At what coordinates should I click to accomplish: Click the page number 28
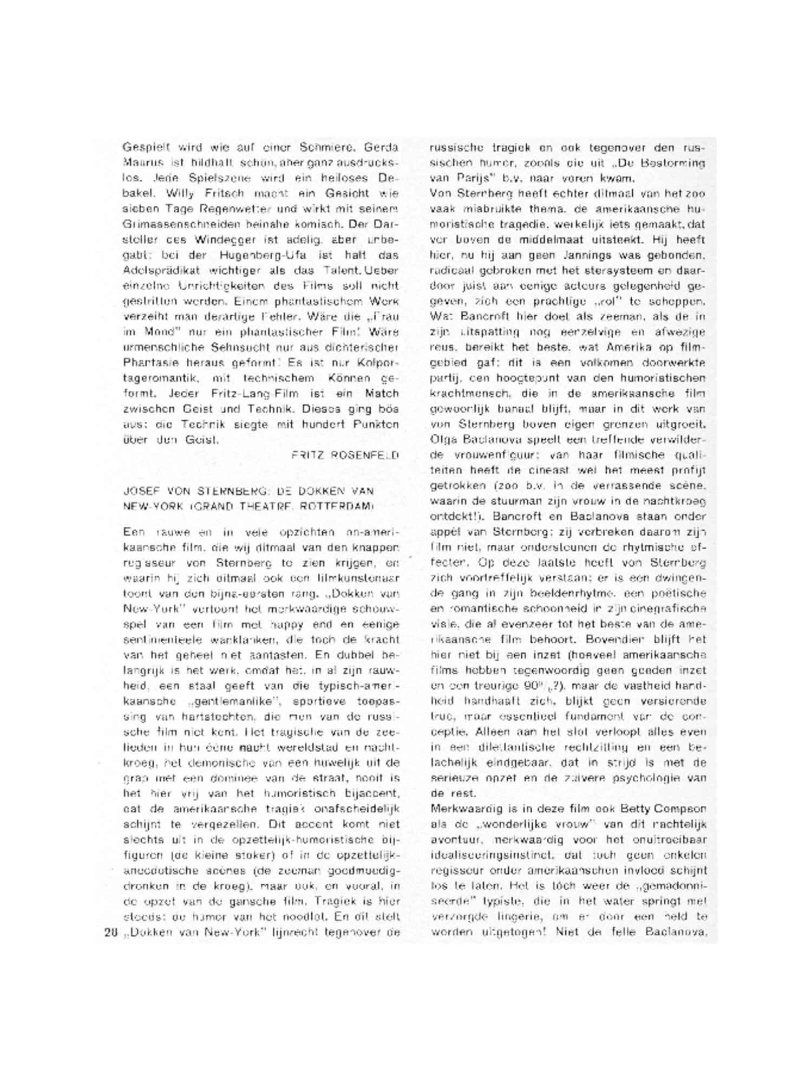[x=110, y=933]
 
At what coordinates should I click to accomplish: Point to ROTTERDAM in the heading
[x=347, y=506]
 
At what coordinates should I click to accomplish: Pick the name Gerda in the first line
[x=381, y=147]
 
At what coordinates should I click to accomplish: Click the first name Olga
[x=442, y=439]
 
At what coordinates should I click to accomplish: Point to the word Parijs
[x=470, y=178]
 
